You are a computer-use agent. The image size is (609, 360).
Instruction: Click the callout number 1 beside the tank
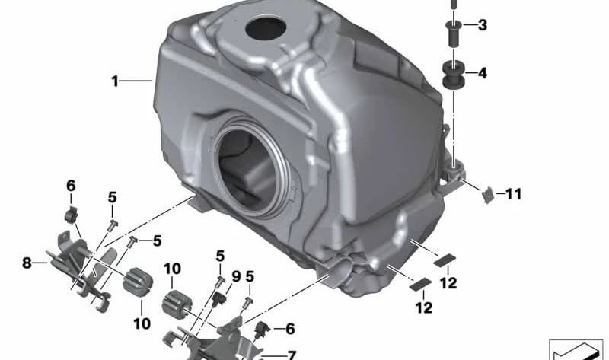[115, 80]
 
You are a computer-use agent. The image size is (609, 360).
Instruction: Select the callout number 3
[483, 26]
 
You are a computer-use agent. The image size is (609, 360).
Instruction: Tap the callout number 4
[483, 74]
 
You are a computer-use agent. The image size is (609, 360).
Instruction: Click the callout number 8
[27, 263]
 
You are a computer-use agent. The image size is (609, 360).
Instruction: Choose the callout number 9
[236, 276]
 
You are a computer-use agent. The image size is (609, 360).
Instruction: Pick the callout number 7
[291, 354]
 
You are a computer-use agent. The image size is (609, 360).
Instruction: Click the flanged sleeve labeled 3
[454, 33]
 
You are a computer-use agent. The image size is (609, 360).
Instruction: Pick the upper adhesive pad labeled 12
[442, 258]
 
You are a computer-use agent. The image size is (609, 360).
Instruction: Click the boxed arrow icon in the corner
[576, 350]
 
